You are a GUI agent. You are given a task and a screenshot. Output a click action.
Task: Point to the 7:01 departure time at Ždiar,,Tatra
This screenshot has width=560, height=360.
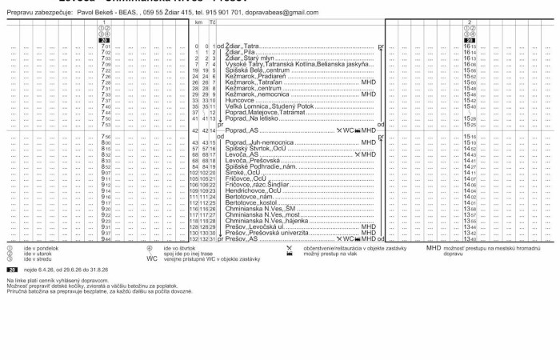[106, 47]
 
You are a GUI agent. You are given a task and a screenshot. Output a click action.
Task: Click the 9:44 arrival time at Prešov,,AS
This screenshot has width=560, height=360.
[106, 239]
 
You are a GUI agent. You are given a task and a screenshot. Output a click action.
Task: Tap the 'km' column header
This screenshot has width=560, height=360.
[198, 23]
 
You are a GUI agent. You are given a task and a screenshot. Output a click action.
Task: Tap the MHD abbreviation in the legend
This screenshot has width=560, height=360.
[433, 249]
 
